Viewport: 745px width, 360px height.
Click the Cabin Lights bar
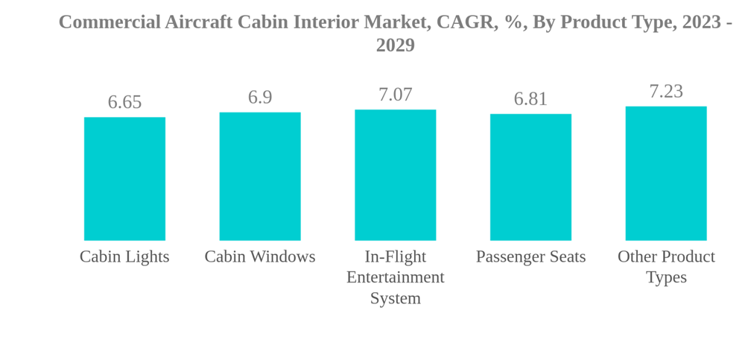tap(124, 179)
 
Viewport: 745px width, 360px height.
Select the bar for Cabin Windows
tap(260, 177)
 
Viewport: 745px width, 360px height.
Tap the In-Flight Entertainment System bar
tap(395, 175)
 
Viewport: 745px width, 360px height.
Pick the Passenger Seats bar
tap(530, 177)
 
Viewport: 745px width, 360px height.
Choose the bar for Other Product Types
tap(666, 174)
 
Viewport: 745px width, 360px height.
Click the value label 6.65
tap(124, 102)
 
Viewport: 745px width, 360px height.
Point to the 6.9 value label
tap(260, 98)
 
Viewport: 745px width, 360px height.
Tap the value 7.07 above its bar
tap(395, 95)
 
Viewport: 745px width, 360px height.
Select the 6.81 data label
tap(530, 99)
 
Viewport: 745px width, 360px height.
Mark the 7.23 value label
tap(666, 92)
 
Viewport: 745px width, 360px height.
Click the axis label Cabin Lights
tap(124, 256)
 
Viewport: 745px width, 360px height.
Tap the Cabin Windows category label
tap(260, 256)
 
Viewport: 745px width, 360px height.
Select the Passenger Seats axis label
tap(530, 256)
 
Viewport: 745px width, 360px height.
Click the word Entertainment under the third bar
tap(395, 277)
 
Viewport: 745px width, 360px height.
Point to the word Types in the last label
tap(666, 277)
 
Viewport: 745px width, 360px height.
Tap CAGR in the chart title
tap(466, 22)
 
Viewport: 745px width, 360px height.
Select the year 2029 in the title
tap(395, 45)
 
